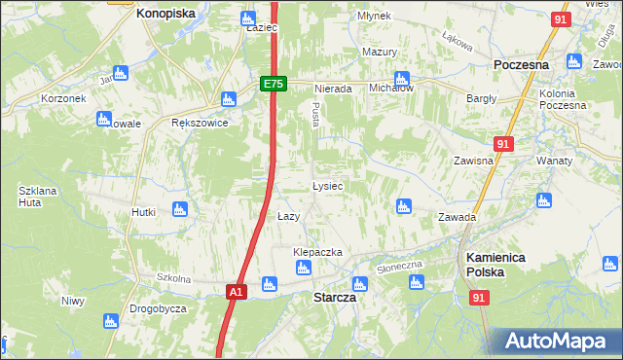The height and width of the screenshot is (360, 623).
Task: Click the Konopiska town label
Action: pyautogui.click(x=165, y=14)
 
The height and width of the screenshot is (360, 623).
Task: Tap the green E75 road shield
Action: pyautogui.click(x=274, y=85)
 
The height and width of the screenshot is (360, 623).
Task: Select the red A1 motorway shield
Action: pyautogui.click(x=237, y=291)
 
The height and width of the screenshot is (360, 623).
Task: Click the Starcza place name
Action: pyautogui.click(x=334, y=299)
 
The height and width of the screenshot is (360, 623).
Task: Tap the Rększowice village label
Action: pyautogui.click(x=199, y=124)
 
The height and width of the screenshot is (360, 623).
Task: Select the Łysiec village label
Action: pyautogui.click(x=326, y=185)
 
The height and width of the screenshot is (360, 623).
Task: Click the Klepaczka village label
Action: pyautogui.click(x=318, y=252)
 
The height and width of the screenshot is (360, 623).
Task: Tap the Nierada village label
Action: pyautogui.click(x=332, y=89)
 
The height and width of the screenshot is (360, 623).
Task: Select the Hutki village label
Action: pyautogui.click(x=144, y=212)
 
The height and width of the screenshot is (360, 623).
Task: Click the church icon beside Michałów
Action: pyautogui.click(x=401, y=78)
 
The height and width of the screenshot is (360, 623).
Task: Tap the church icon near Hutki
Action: pyautogui.click(x=178, y=208)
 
